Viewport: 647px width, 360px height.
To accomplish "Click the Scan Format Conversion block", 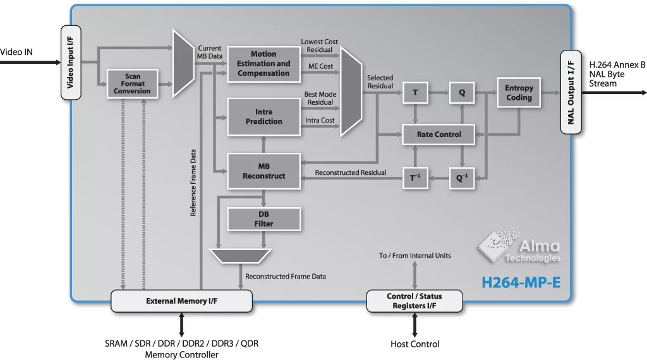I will (133, 83).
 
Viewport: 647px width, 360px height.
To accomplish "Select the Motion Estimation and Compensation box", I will (263, 64).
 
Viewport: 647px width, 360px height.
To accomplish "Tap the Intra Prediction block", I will (263, 117).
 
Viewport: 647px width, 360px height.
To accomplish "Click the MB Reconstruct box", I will (263, 171).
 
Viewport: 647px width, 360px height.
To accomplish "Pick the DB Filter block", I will (263, 219).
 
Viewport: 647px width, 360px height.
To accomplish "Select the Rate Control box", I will (439, 135).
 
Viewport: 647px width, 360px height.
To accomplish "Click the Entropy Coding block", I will (519, 93).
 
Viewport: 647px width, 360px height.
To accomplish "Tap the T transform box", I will (415, 93).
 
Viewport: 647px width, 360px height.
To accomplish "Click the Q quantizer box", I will (462, 93).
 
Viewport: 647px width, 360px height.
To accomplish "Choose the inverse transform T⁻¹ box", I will (415, 178).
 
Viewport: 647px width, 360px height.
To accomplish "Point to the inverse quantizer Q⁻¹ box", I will (462, 178).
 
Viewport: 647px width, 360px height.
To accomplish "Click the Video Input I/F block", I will (71, 63).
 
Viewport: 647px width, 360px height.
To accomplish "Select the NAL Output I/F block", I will (571, 92).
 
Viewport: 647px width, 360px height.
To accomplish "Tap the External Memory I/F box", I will (182, 301).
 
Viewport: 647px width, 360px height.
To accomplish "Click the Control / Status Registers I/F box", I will (414, 301).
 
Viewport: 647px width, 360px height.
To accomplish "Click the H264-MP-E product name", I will (521, 282).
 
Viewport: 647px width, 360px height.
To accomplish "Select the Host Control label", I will (415, 344).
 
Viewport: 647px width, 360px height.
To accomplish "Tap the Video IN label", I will (16, 52).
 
